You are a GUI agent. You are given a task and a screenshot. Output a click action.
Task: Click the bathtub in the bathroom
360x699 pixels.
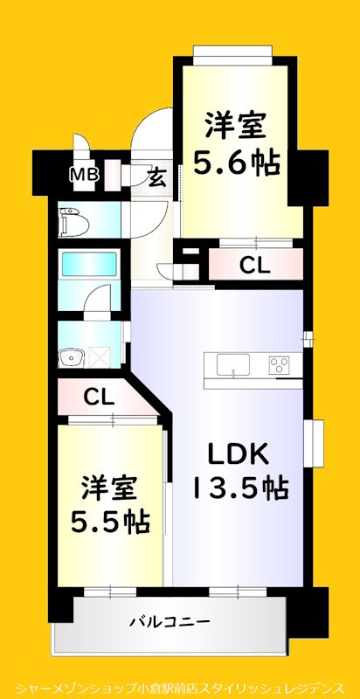[88, 263]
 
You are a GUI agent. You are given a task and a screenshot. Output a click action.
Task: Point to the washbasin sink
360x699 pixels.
[70, 356]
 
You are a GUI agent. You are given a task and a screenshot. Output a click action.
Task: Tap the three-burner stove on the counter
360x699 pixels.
[280, 365]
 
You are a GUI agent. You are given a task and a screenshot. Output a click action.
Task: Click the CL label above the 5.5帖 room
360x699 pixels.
[99, 398]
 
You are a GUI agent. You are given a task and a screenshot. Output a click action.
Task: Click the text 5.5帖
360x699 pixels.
[109, 522]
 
